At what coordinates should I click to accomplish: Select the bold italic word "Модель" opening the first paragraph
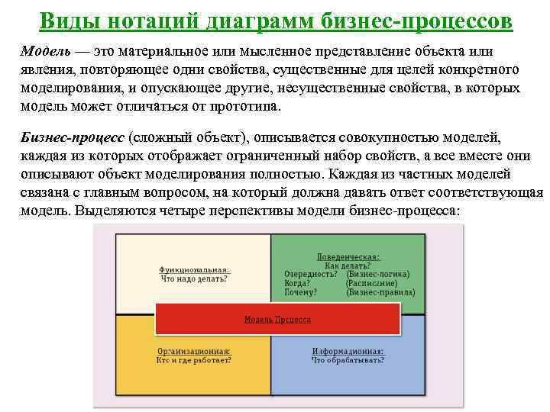point(46,51)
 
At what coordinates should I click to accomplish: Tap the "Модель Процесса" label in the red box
point(277,319)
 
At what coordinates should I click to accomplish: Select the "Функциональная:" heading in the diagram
point(194,270)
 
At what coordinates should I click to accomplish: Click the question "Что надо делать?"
point(193,279)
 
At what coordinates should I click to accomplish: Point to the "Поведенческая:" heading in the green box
point(348,257)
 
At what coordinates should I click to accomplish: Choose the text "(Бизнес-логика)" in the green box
point(377,274)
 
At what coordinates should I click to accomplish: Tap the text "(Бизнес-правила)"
point(380,292)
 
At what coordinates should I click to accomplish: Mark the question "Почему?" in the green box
point(300,292)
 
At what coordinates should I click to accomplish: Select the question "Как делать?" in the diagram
point(348,266)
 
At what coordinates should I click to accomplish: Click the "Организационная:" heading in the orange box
point(193,351)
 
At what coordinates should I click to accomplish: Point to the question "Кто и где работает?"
point(193,359)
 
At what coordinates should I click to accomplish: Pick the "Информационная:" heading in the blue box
point(348,351)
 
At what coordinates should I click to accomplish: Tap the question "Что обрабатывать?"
point(348,359)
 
